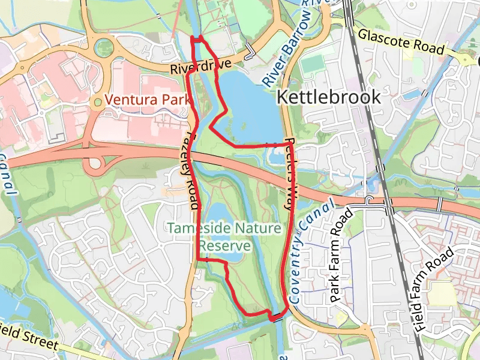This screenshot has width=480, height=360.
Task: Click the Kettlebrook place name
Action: click(328, 97)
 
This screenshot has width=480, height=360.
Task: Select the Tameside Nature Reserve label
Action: click(224, 237)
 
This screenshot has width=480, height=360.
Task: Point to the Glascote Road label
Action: click(401, 41)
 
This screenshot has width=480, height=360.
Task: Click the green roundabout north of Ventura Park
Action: click(104, 46)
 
